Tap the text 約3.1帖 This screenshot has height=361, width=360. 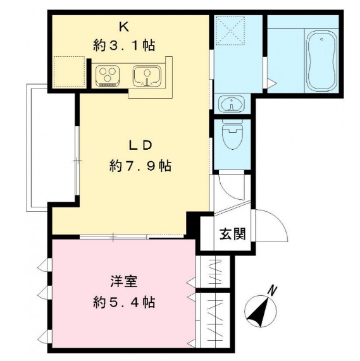[x=124, y=45]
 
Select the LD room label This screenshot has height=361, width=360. [x=140, y=145]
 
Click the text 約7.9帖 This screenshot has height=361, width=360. [x=140, y=166]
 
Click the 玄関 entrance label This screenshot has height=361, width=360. [x=233, y=233]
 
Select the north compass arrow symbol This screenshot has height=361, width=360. [x=259, y=310]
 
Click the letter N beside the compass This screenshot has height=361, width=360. [x=273, y=290]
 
